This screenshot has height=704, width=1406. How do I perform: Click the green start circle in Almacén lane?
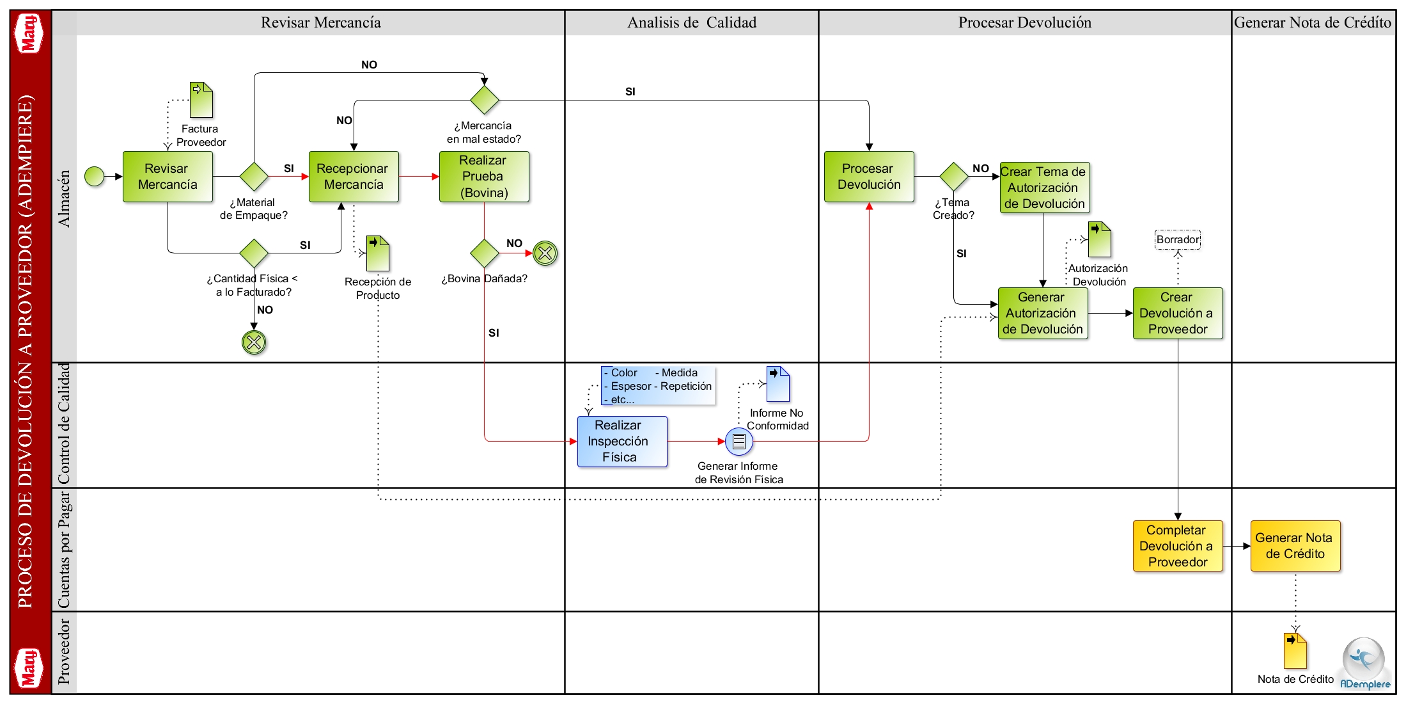pyautogui.click(x=95, y=176)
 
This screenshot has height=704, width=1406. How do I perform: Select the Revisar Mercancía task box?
pyautogui.click(x=168, y=177)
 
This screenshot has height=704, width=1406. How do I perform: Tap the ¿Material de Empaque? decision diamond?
pyautogui.click(x=254, y=177)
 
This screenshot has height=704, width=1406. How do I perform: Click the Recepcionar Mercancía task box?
pyautogui.click(x=354, y=177)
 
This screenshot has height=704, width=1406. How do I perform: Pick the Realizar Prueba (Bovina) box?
pyautogui.click(x=484, y=177)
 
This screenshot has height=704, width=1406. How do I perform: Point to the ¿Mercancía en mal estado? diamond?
pyautogui.click(x=485, y=100)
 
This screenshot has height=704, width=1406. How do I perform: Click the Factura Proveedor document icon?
pyautogui.click(x=201, y=100)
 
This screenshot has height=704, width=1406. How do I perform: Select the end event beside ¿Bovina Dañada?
pyautogui.click(x=545, y=253)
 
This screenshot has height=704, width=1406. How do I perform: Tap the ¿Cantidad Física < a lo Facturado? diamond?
pyautogui.click(x=254, y=253)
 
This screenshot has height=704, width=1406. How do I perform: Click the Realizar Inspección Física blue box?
pyautogui.click(x=622, y=442)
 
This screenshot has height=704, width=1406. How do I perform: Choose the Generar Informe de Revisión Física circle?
pyautogui.click(x=739, y=442)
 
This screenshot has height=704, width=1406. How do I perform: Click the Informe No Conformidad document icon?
pyautogui.click(x=778, y=384)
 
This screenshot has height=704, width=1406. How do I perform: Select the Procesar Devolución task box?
pyautogui.click(x=869, y=177)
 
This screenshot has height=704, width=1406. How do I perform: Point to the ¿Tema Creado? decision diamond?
pyautogui.click(x=954, y=177)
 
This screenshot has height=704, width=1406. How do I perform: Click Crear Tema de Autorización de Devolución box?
pyautogui.click(x=1045, y=188)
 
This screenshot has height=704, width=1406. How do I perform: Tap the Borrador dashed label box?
pyautogui.click(x=1178, y=239)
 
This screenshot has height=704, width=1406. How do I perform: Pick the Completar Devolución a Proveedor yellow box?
pyautogui.click(x=1178, y=546)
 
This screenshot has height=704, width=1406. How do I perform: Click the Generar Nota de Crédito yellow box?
pyautogui.click(x=1295, y=546)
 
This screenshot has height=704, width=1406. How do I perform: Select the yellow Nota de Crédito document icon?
pyautogui.click(x=1295, y=651)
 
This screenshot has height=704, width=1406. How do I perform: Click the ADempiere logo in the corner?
pyautogui.click(x=1365, y=664)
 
